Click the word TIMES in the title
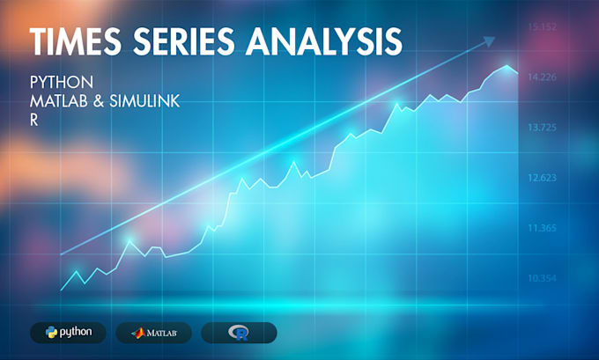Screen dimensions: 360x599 tap(78, 40)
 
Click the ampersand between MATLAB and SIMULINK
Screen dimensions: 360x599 tap(99, 101)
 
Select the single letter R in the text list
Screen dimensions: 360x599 tap(34, 121)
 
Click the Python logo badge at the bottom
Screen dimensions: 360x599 tap(68, 332)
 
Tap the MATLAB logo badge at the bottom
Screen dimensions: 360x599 tap(153, 332)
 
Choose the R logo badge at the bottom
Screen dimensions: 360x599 tap(239, 332)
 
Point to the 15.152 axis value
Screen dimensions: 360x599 tap(541, 27)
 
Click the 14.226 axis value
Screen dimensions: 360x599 tap(541, 77)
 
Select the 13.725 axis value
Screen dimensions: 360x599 tap(541, 128)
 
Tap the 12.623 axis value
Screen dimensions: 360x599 tap(541, 178)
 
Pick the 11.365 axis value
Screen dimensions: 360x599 tap(541, 228)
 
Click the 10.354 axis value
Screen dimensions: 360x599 tap(541, 278)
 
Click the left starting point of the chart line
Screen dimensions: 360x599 tap(61, 290)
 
